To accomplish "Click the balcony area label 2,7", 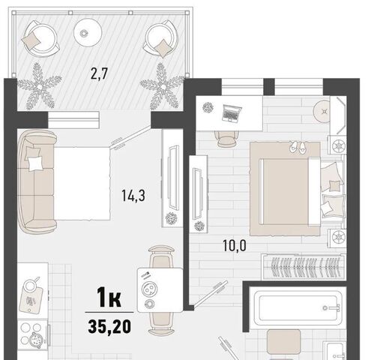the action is coord(99,73).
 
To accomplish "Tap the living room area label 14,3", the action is coord(133,195).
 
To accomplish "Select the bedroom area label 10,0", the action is coord(235,245).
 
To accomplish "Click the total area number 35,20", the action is coord(109,326).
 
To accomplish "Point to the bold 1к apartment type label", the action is coord(109,297).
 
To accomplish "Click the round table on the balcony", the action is coord(88,32).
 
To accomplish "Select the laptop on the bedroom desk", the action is coord(232,113).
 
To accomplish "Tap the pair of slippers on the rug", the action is coord(298,147).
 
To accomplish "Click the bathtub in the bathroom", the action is coord(296,308).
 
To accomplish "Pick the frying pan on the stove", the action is coord(35,340).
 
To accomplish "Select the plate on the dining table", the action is coord(149,289).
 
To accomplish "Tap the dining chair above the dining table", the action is coord(161,256).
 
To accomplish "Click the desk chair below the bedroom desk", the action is coord(226,139).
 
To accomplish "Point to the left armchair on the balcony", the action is coord(41,39).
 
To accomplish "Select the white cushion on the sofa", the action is coord(35,164).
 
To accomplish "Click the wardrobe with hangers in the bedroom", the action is coord(304,266).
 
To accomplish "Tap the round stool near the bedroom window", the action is coord(324,112).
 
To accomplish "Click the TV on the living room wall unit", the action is coord(174,178).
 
